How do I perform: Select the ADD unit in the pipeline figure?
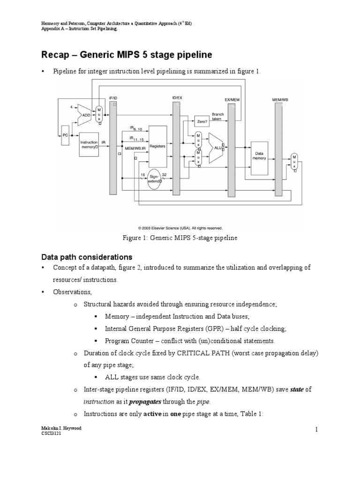pos(85,114)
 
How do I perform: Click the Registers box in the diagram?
pos(157,146)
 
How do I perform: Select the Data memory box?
pos(259,156)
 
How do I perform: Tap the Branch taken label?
pos(218,117)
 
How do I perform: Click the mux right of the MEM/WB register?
pos(294,162)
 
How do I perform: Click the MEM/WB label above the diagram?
pos(280,99)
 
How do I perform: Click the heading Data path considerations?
pos(87,257)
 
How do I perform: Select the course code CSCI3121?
pos(52,435)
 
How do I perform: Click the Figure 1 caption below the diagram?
pos(180,238)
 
